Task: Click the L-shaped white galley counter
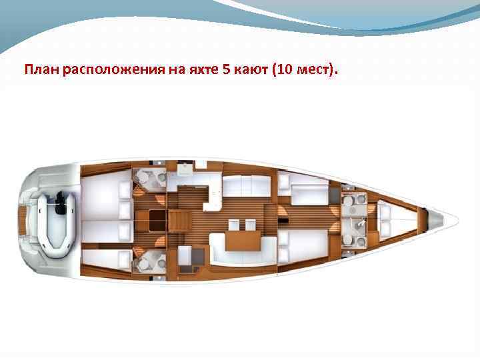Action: point(200,183)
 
